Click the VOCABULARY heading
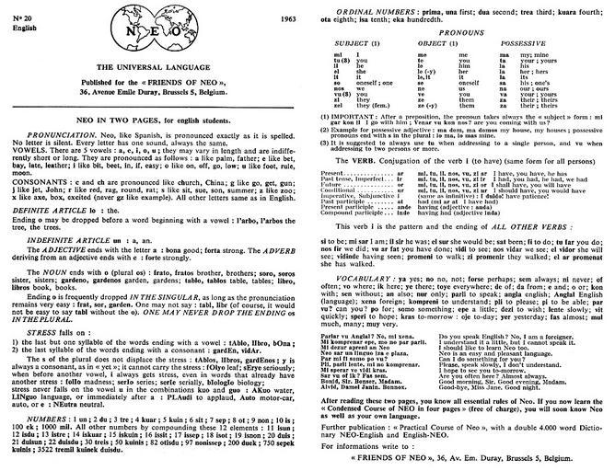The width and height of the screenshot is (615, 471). (351, 277)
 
